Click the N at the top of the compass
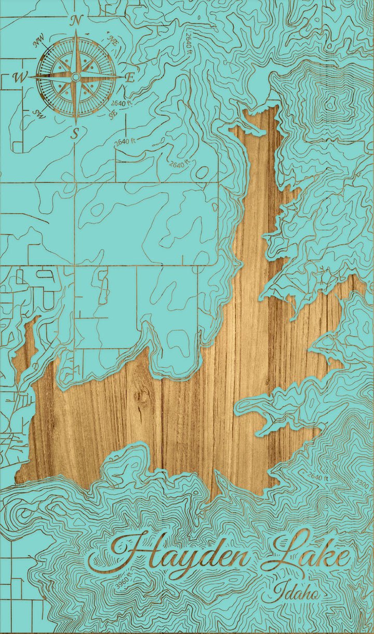pyautogui.click(x=76, y=21)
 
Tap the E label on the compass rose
pyautogui.click(x=130, y=77)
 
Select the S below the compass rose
pyautogui.click(x=75, y=134)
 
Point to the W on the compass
pyautogui.click(x=20, y=78)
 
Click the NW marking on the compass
pyautogui.click(x=38, y=42)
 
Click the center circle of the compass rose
pyautogui.click(x=76, y=77)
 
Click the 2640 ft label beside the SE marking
pyautogui.click(x=122, y=104)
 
